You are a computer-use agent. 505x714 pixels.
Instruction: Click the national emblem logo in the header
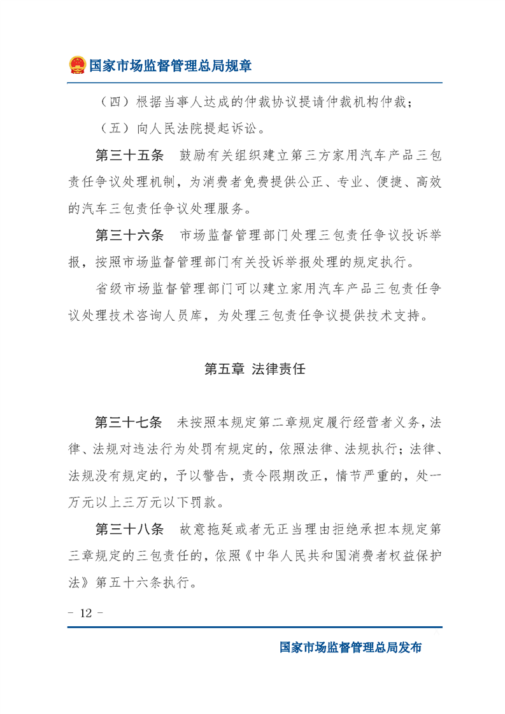77,65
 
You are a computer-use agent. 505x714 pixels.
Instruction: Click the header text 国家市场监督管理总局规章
170,66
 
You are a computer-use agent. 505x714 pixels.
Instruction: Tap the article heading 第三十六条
129,235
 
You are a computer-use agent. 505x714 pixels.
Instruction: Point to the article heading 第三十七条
129,422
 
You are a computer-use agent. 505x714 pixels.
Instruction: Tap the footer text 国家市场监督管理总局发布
351,648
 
